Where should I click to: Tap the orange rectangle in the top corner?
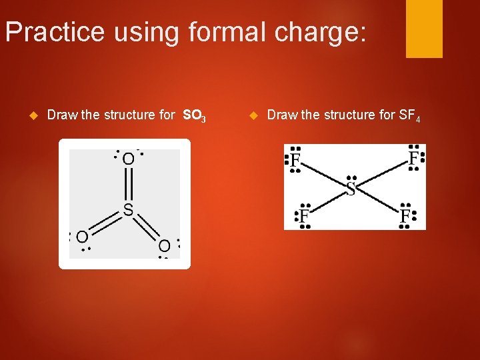tap(424, 28)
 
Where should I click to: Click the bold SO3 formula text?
tap(194, 115)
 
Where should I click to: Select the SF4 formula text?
tap(409, 115)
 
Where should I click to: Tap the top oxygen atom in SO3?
tap(128, 159)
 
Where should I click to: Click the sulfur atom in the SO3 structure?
tap(128, 211)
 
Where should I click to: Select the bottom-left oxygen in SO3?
tap(82, 237)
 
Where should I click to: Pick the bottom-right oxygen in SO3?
tap(164, 246)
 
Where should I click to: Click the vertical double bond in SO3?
tap(128, 185)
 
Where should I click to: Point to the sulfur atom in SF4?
tap(351, 189)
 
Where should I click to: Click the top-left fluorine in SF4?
tap(294, 161)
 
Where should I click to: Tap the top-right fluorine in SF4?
tap(414, 159)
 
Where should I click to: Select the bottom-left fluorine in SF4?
tap(303, 216)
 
